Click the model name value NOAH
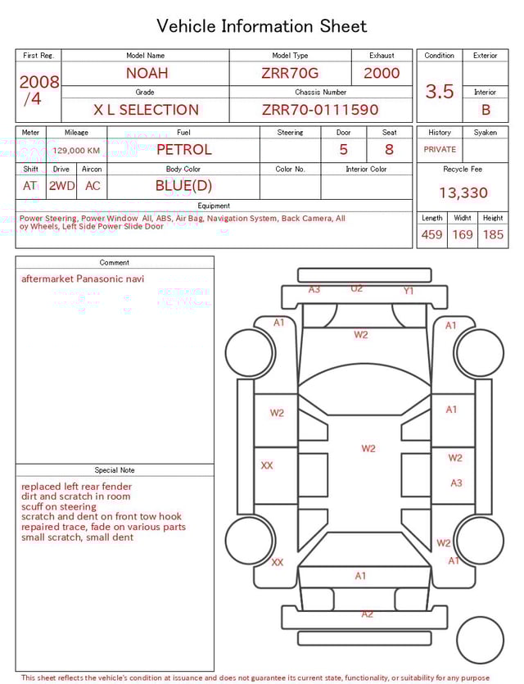click(146, 73)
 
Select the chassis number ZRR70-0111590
click(320, 110)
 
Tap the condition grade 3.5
click(440, 91)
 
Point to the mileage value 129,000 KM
click(76, 151)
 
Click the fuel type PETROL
click(183, 150)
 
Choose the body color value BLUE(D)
click(183, 186)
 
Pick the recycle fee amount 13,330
click(463, 193)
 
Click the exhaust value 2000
click(382, 73)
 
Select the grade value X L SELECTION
click(146, 110)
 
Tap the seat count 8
click(389, 150)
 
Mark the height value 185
click(493, 234)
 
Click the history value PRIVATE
click(440, 150)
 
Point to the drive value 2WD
click(61, 186)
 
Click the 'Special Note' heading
click(115, 470)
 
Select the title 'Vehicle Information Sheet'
click(262, 26)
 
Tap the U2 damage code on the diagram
click(357, 288)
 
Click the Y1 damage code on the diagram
click(409, 291)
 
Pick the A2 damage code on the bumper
click(368, 614)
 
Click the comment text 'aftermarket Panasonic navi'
click(83, 279)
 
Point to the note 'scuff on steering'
click(59, 507)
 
